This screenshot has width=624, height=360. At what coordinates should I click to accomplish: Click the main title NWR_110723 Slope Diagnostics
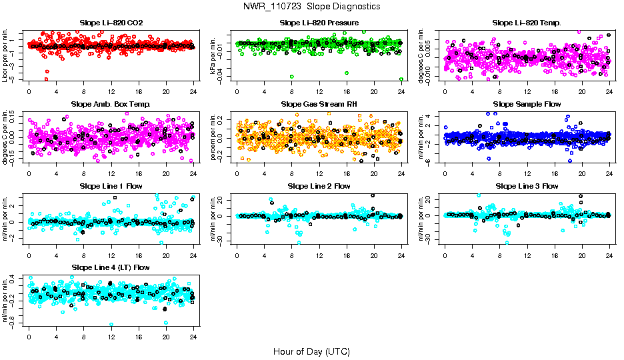[x=312, y=6]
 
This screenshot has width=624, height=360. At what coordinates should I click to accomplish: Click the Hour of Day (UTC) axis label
[x=311, y=351]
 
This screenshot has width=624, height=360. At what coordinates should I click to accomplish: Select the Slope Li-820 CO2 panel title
[x=111, y=23]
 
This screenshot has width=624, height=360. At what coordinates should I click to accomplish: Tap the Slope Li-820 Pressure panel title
[x=319, y=23]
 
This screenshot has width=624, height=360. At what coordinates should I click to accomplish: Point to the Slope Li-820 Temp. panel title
[x=527, y=23]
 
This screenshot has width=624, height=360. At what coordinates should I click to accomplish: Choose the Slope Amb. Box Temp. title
[x=111, y=104]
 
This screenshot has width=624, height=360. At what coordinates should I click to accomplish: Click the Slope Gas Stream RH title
[x=319, y=104]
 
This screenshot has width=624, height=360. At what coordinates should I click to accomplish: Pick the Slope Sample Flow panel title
[x=527, y=104]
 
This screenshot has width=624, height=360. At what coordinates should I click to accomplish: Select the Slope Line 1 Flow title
[x=111, y=186]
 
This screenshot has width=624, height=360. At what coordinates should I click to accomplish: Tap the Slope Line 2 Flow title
[x=319, y=186]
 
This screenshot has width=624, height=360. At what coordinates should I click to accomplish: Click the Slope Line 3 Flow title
[x=527, y=186]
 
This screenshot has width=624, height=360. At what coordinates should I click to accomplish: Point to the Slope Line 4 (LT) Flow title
[x=111, y=267]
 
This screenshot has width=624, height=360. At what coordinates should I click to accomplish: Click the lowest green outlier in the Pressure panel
[x=401, y=79]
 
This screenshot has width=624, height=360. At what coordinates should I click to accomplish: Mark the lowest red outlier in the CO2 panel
[x=46, y=79]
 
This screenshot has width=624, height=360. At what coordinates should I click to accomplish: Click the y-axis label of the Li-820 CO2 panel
[x=7, y=56]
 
